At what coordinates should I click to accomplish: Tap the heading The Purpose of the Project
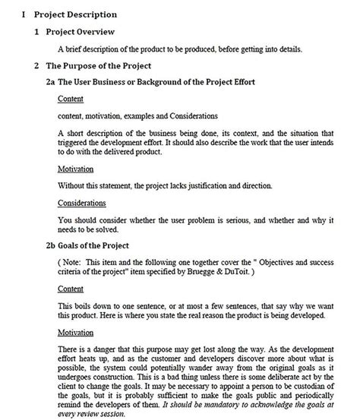point(98,66)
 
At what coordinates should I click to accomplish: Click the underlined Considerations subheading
point(82,203)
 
